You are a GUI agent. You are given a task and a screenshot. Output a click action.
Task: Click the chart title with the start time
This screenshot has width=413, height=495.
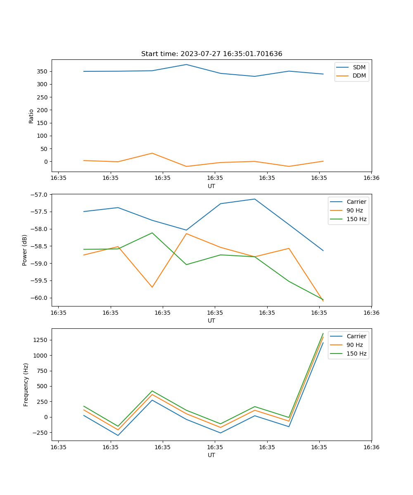pos(211,54)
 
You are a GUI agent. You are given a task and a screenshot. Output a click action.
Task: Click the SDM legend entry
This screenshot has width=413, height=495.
pos(359,67)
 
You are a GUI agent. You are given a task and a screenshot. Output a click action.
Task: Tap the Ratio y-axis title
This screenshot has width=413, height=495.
pos(31,116)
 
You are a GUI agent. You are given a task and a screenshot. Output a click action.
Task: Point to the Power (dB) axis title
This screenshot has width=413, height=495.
pos(25,250)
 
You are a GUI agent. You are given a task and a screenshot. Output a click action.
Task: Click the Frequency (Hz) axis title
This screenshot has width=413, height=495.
pos(26,384)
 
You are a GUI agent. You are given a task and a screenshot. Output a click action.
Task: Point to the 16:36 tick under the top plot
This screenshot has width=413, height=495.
pos(371,178)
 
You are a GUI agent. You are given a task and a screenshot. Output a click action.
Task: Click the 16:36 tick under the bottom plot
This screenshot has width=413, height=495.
pos(371,447)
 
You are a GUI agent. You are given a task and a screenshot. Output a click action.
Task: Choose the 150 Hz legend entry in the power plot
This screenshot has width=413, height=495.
pos(356,219)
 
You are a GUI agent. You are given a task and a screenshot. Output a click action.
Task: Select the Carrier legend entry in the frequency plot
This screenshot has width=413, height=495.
pos(356,336)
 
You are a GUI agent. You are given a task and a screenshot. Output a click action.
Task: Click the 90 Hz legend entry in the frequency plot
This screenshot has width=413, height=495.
pos(354,345)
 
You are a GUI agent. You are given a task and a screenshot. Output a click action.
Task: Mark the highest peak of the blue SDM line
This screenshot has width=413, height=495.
pos(186,64)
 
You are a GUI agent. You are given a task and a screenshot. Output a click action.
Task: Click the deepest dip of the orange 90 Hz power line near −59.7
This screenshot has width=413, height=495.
pos(152,287)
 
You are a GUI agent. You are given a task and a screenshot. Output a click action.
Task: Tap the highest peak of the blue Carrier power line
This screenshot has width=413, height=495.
pos(254,199)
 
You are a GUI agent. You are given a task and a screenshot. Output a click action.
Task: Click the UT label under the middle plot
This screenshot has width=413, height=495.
pos(211,321)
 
